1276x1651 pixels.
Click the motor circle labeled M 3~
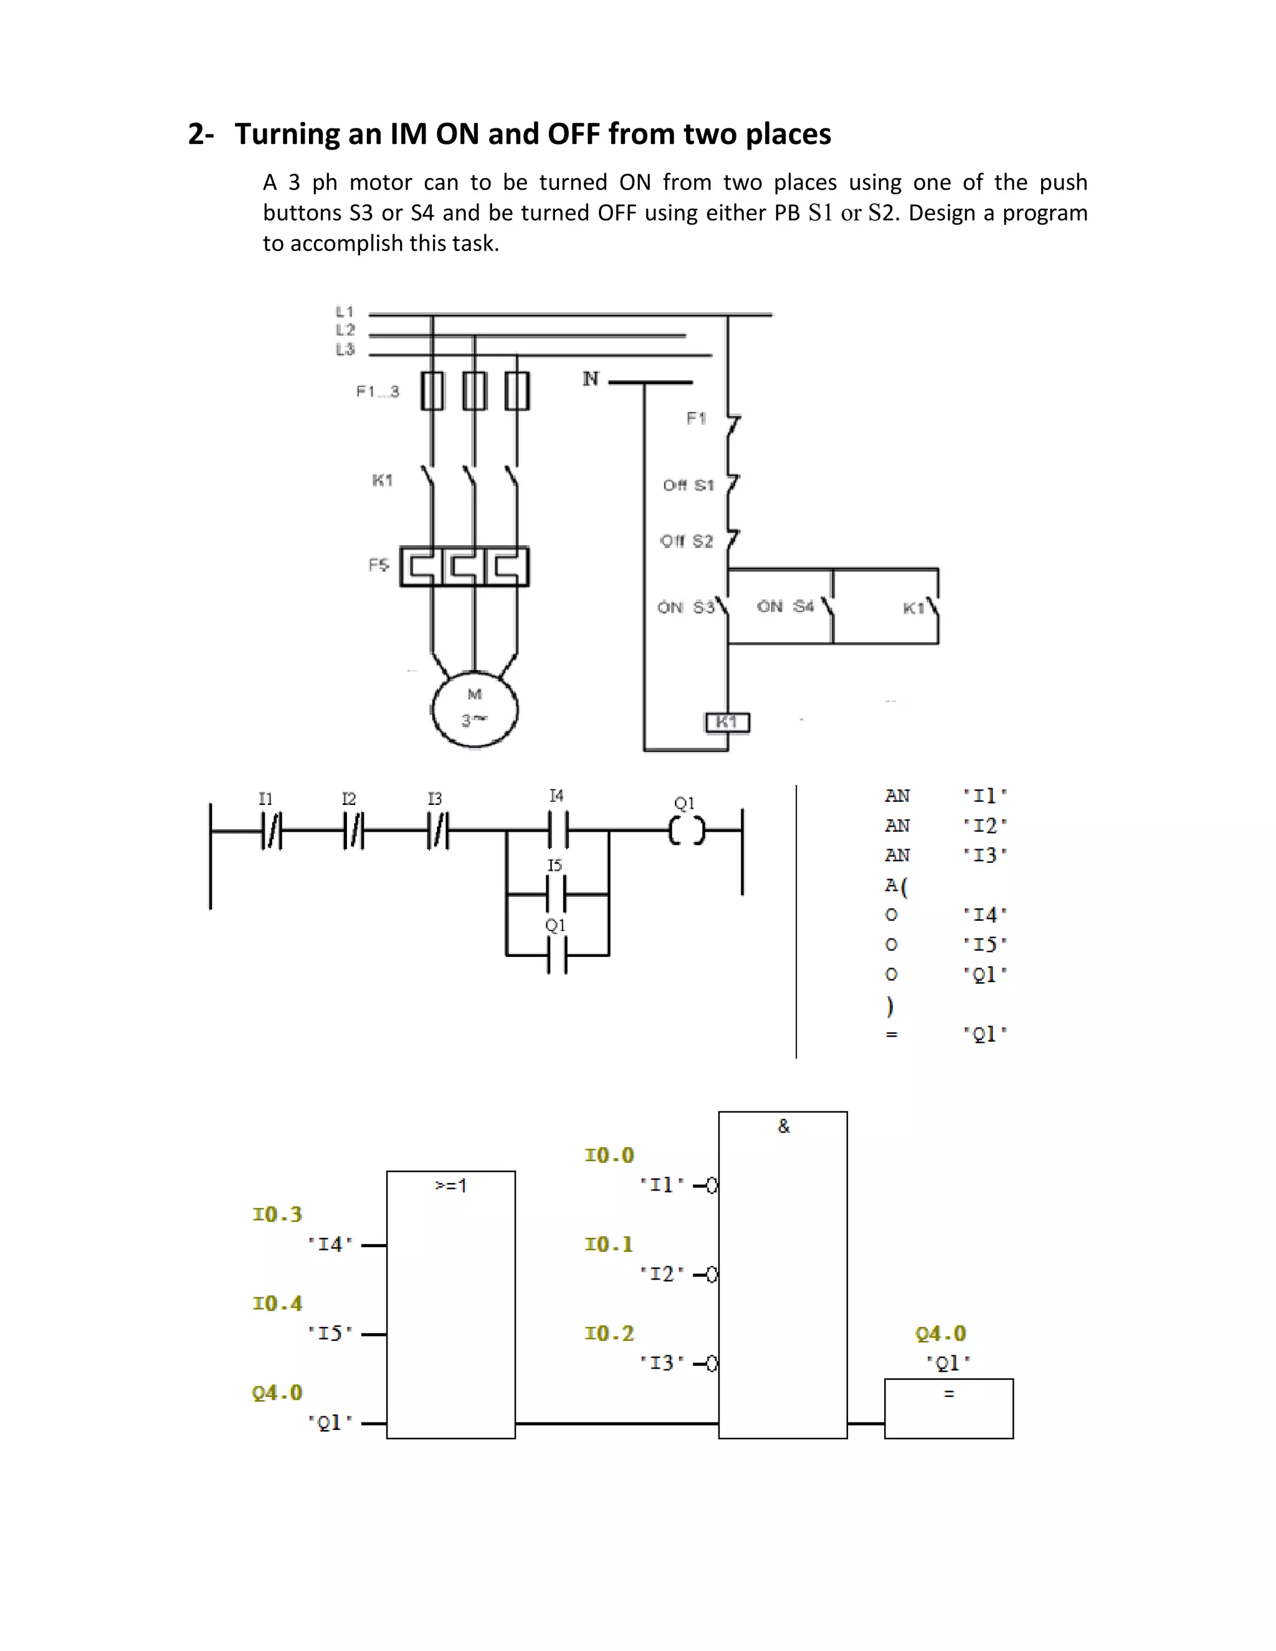(x=475, y=708)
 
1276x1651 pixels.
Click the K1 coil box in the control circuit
(x=727, y=723)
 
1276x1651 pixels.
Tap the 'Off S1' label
(x=688, y=485)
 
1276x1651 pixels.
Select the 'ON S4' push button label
(x=786, y=606)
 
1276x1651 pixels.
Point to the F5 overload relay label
(x=379, y=564)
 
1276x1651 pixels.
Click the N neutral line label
(x=591, y=379)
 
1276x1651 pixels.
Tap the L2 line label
(x=345, y=330)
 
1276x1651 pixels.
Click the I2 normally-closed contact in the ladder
(x=353, y=830)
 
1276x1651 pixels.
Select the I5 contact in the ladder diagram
(x=557, y=894)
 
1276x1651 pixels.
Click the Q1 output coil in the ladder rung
(x=687, y=830)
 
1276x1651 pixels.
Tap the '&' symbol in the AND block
(x=783, y=1126)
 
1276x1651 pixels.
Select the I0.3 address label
(x=277, y=1215)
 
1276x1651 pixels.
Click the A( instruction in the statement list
(x=896, y=885)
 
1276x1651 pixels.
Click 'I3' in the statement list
(x=984, y=855)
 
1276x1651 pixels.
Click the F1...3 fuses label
(x=377, y=392)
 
